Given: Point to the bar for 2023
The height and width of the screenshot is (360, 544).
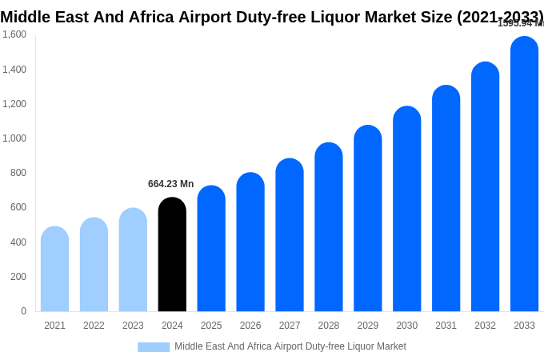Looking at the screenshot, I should (133, 260).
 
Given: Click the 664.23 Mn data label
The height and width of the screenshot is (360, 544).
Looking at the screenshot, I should (170, 184).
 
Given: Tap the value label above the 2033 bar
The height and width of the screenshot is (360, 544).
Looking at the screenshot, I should (520, 23).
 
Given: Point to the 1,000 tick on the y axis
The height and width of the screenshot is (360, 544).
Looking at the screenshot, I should (14, 138).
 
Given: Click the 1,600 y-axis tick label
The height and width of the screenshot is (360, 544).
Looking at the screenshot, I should (14, 34).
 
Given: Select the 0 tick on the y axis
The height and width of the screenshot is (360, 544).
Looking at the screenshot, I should (23, 311).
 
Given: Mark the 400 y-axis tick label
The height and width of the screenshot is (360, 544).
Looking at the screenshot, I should (17, 242).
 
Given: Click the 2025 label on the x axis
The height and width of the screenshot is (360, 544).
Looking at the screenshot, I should (211, 326).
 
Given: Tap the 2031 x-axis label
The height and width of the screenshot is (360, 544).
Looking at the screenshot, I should (446, 326).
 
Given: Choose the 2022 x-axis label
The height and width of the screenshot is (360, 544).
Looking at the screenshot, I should (94, 326).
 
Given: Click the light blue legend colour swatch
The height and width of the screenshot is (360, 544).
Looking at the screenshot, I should (154, 347).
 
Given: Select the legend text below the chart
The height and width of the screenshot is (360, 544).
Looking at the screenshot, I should (290, 346).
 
